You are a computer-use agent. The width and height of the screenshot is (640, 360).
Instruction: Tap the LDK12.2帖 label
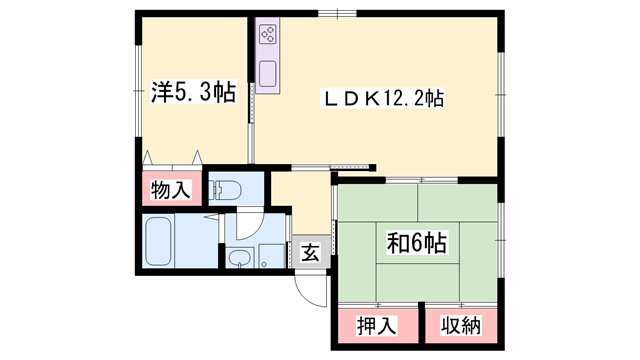pos(381,99)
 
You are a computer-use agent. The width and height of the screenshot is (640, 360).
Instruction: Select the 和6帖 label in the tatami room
pos(418,242)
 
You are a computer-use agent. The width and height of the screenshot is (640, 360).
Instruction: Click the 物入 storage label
pos(170,190)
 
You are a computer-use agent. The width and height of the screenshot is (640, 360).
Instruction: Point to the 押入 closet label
pos(375,326)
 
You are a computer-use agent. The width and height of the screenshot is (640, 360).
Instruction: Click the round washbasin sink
pos(239,259)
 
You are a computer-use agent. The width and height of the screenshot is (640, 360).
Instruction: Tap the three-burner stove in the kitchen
pos(268,36)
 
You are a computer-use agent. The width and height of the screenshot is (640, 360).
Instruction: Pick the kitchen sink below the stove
pos(268,74)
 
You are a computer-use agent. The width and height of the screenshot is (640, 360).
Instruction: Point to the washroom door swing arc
pos(252,224)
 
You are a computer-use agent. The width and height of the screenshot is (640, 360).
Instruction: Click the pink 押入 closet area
pos(375,324)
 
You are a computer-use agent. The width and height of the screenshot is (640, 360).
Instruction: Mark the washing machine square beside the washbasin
pos(270,255)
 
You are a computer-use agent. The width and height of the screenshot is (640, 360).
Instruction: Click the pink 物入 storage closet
pos(170,189)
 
